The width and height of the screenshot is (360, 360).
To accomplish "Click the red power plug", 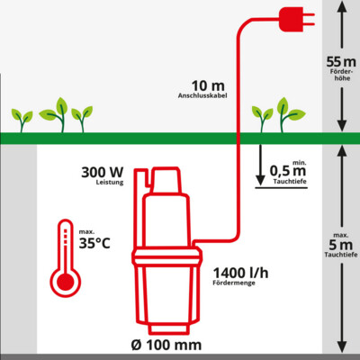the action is click(295, 19).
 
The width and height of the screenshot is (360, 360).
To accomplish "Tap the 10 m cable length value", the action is click(208, 86).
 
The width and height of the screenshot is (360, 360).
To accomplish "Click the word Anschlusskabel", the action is click(202, 95).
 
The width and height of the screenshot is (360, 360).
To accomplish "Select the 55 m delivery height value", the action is click(341, 62).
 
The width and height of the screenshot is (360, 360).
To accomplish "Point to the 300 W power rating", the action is click(103, 173).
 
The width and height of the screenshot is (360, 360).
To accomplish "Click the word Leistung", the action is click(110, 182).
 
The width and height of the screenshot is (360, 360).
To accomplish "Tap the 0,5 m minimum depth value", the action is click(288, 171).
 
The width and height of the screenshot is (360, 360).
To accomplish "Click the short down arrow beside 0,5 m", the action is click(260, 165).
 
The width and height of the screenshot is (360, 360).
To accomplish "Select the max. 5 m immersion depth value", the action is click(340, 245).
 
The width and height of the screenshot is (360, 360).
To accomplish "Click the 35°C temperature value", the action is click(94, 243).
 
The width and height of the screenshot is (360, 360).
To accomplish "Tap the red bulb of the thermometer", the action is click(65, 282).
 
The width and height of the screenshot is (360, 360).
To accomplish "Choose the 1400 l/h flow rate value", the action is click(240, 273).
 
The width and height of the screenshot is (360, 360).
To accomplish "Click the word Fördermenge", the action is click(234, 283).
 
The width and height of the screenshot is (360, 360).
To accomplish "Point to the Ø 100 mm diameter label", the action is click(166, 345).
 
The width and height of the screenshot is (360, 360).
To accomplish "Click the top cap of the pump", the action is click(166, 180).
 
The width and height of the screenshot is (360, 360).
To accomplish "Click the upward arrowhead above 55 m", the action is click(342, 5).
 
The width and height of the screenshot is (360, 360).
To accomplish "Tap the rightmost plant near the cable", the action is click(291, 115).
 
